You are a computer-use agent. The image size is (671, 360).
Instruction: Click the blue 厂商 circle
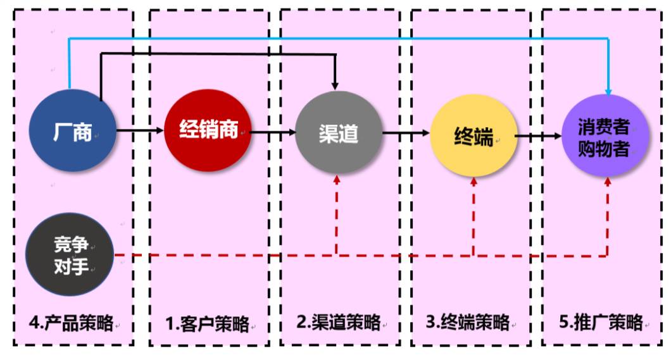pyautogui.click(x=73, y=132)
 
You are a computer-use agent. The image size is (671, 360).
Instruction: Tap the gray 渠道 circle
pyautogui.click(x=339, y=133)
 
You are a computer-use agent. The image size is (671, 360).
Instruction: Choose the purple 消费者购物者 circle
pyautogui.click(x=605, y=135)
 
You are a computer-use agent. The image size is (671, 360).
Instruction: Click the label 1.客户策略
pyautogui.click(x=207, y=324)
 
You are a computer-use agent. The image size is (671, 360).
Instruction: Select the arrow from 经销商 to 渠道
pyautogui.click(x=273, y=133)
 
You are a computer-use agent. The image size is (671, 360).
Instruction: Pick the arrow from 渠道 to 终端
pyautogui.click(x=406, y=133)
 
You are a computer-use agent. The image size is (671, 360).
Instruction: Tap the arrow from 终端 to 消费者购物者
pyautogui.click(x=538, y=136)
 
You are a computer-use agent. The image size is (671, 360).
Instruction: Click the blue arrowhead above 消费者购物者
pyautogui.click(x=608, y=92)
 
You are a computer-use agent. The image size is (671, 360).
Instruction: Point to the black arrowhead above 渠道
pyautogui.click(x=335, y=85)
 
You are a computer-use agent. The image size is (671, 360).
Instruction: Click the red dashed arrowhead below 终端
pyautogui.click(x=474, y=182)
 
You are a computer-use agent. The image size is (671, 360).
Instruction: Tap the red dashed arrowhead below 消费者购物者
pyautogui.click(x=608, y=180)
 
